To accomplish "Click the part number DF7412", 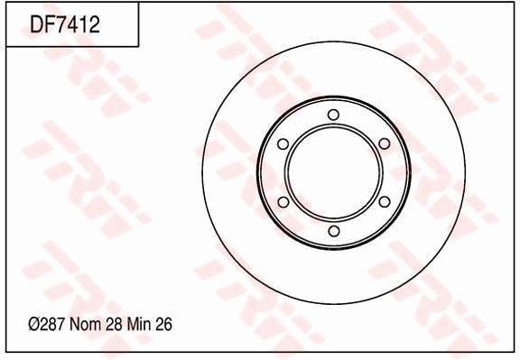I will (x=64, y=24).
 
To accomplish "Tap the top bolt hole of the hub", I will (x=333, y=114).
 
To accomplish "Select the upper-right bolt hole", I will (x=384, y=143).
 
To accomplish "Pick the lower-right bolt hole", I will (x=384, y=202).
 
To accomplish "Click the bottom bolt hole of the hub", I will (x=333, y=232).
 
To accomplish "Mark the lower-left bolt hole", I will (x=283, y=202).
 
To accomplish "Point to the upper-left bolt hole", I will (x=283, y=143).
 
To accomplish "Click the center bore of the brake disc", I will (x=333, y=172).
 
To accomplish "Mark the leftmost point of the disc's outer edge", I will (x=204, y=172).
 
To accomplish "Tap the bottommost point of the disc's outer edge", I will (x=333, y=302).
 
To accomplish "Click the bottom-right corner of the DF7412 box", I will (x=138, y=46).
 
